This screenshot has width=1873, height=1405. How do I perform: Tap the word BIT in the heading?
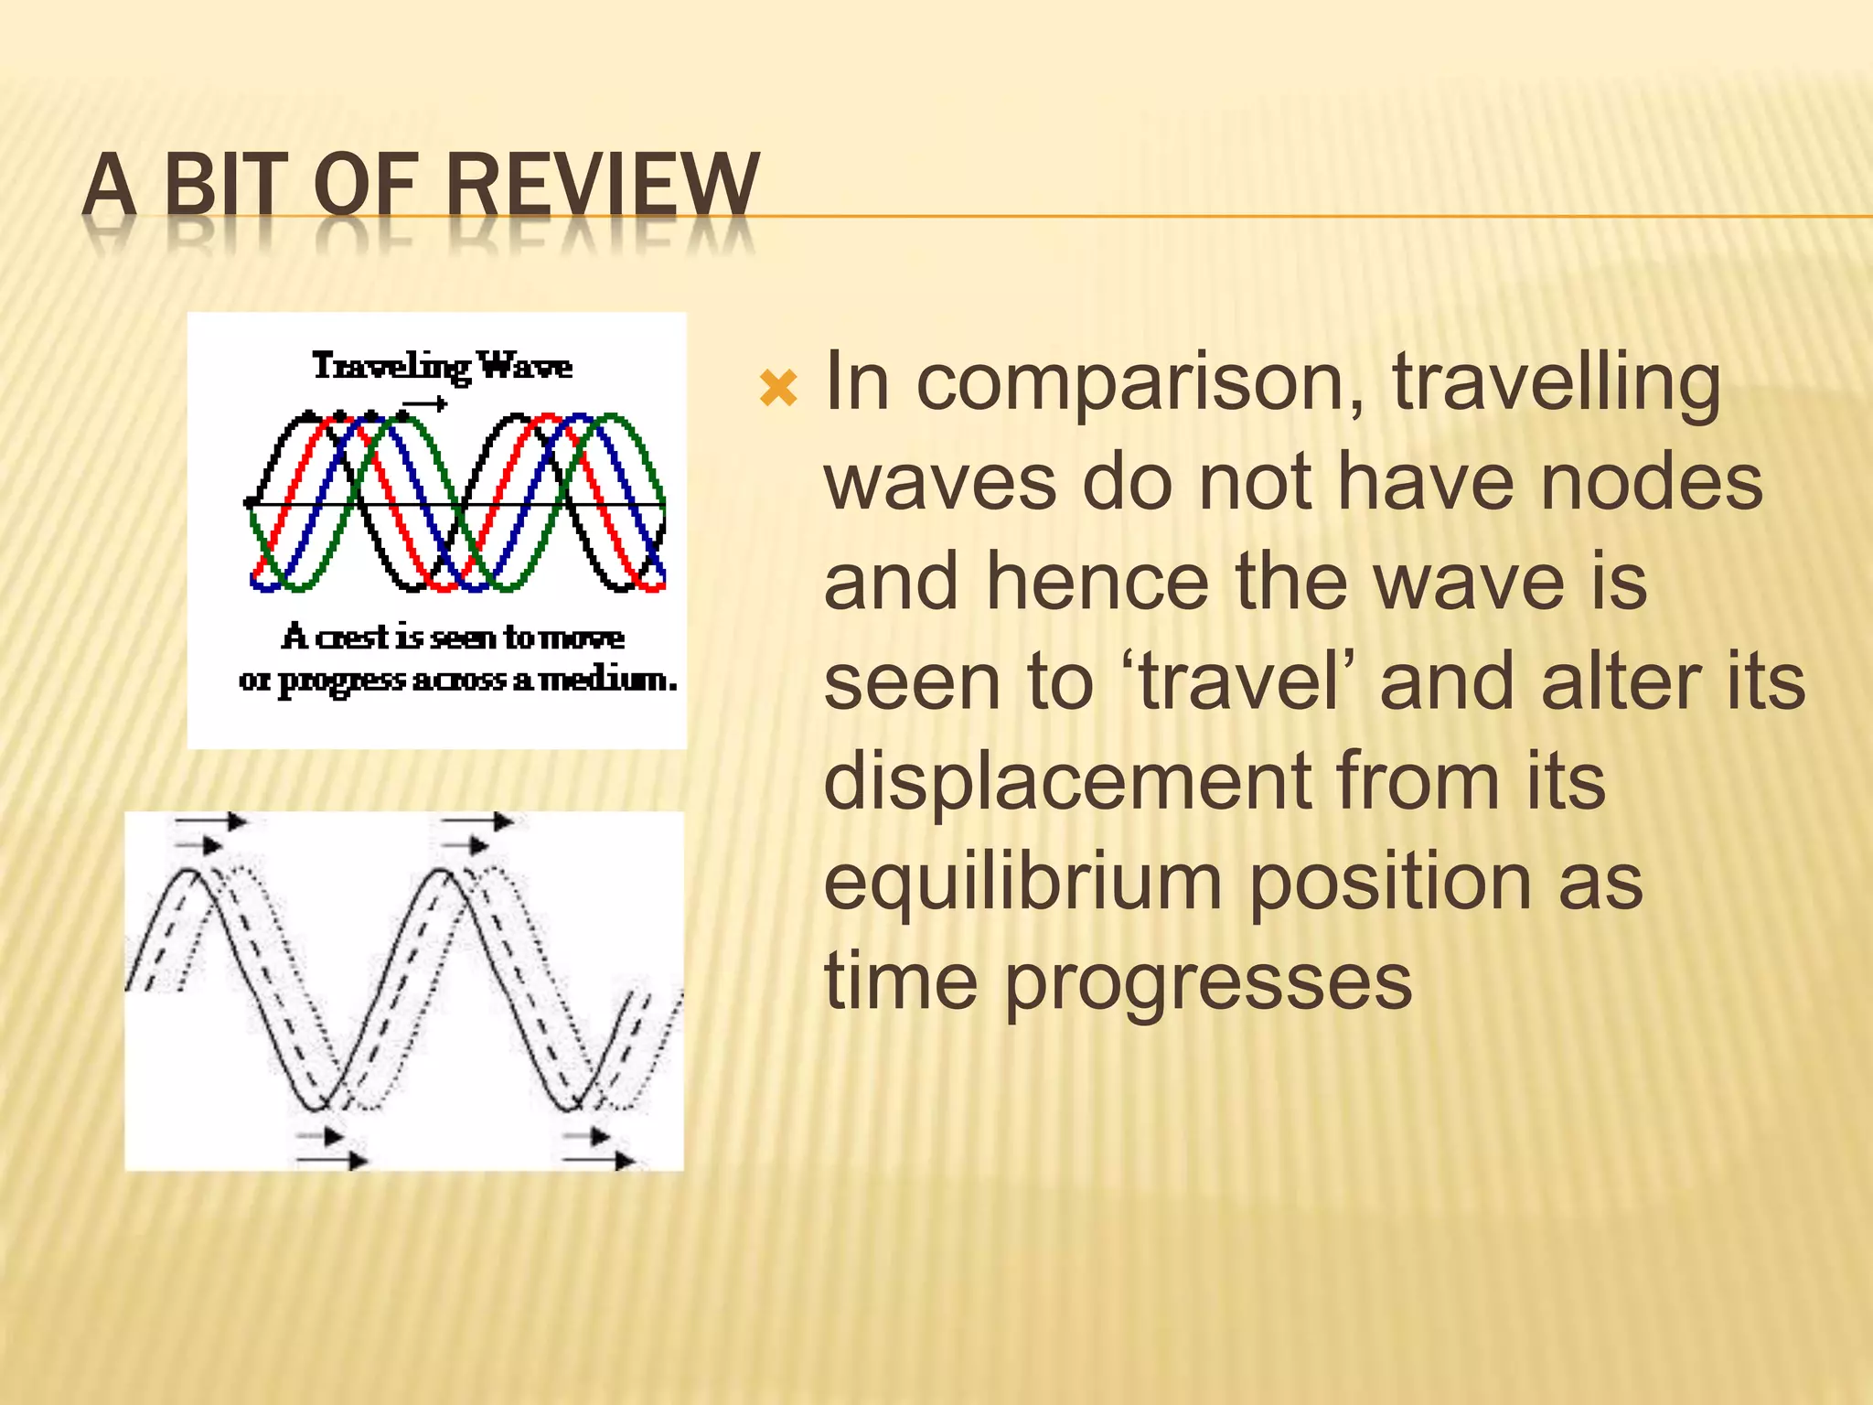coord(220,186)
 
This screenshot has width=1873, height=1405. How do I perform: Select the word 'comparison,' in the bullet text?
coord(1140,384)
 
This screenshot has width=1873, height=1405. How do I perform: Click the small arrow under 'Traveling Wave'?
coord(426,403)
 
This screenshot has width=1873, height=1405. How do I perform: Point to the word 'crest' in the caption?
coord(352,637)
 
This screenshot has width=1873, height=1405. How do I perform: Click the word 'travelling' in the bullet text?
coord(1556,384)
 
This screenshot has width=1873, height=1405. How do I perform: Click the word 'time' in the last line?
coord(901,982)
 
